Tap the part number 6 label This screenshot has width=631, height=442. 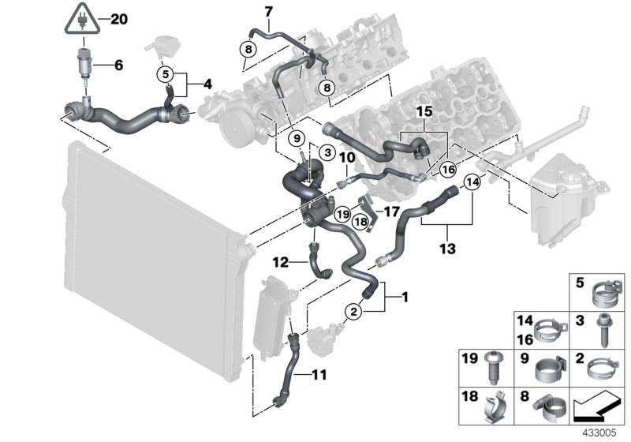tap(118, 66)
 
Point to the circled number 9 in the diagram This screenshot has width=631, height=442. tap(297, 139)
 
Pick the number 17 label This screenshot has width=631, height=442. tap(392, 212)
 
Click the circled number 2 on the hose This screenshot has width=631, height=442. tap(355, 313)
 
